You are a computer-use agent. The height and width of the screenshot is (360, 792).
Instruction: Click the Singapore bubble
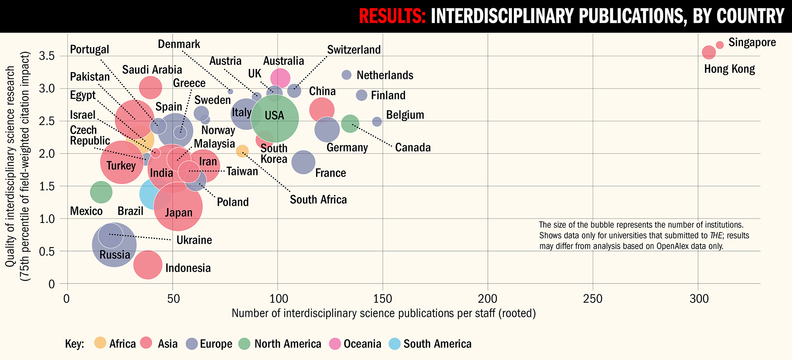click(720, 45)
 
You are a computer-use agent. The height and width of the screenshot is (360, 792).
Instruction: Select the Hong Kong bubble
click(709, 52)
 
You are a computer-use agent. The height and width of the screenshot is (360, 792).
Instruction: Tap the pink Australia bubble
click(280, 78)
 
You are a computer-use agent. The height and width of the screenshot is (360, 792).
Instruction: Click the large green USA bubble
click(275, 118)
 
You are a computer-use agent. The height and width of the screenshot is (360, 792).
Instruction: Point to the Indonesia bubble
click(148, 265)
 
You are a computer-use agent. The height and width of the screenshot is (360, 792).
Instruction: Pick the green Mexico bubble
click(101, 192)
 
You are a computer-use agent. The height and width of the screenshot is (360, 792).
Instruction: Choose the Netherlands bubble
click(346, 74)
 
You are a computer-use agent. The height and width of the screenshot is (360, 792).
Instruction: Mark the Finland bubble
click(362, 95)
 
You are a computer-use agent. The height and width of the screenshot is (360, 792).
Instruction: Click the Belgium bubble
click(377, 122)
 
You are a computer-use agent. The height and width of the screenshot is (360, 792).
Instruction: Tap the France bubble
click(303, 162)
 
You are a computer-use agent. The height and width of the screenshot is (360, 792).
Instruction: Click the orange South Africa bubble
click(242, 151)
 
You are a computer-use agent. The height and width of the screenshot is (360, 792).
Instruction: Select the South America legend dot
click(395, 343)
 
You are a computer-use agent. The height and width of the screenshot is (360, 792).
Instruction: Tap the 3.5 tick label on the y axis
click(47, 56)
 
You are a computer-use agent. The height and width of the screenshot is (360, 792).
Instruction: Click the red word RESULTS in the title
click(392, 16)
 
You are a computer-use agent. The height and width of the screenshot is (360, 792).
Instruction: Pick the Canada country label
click(413, 147)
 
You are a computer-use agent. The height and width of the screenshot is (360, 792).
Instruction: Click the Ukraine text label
click(194, 240)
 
